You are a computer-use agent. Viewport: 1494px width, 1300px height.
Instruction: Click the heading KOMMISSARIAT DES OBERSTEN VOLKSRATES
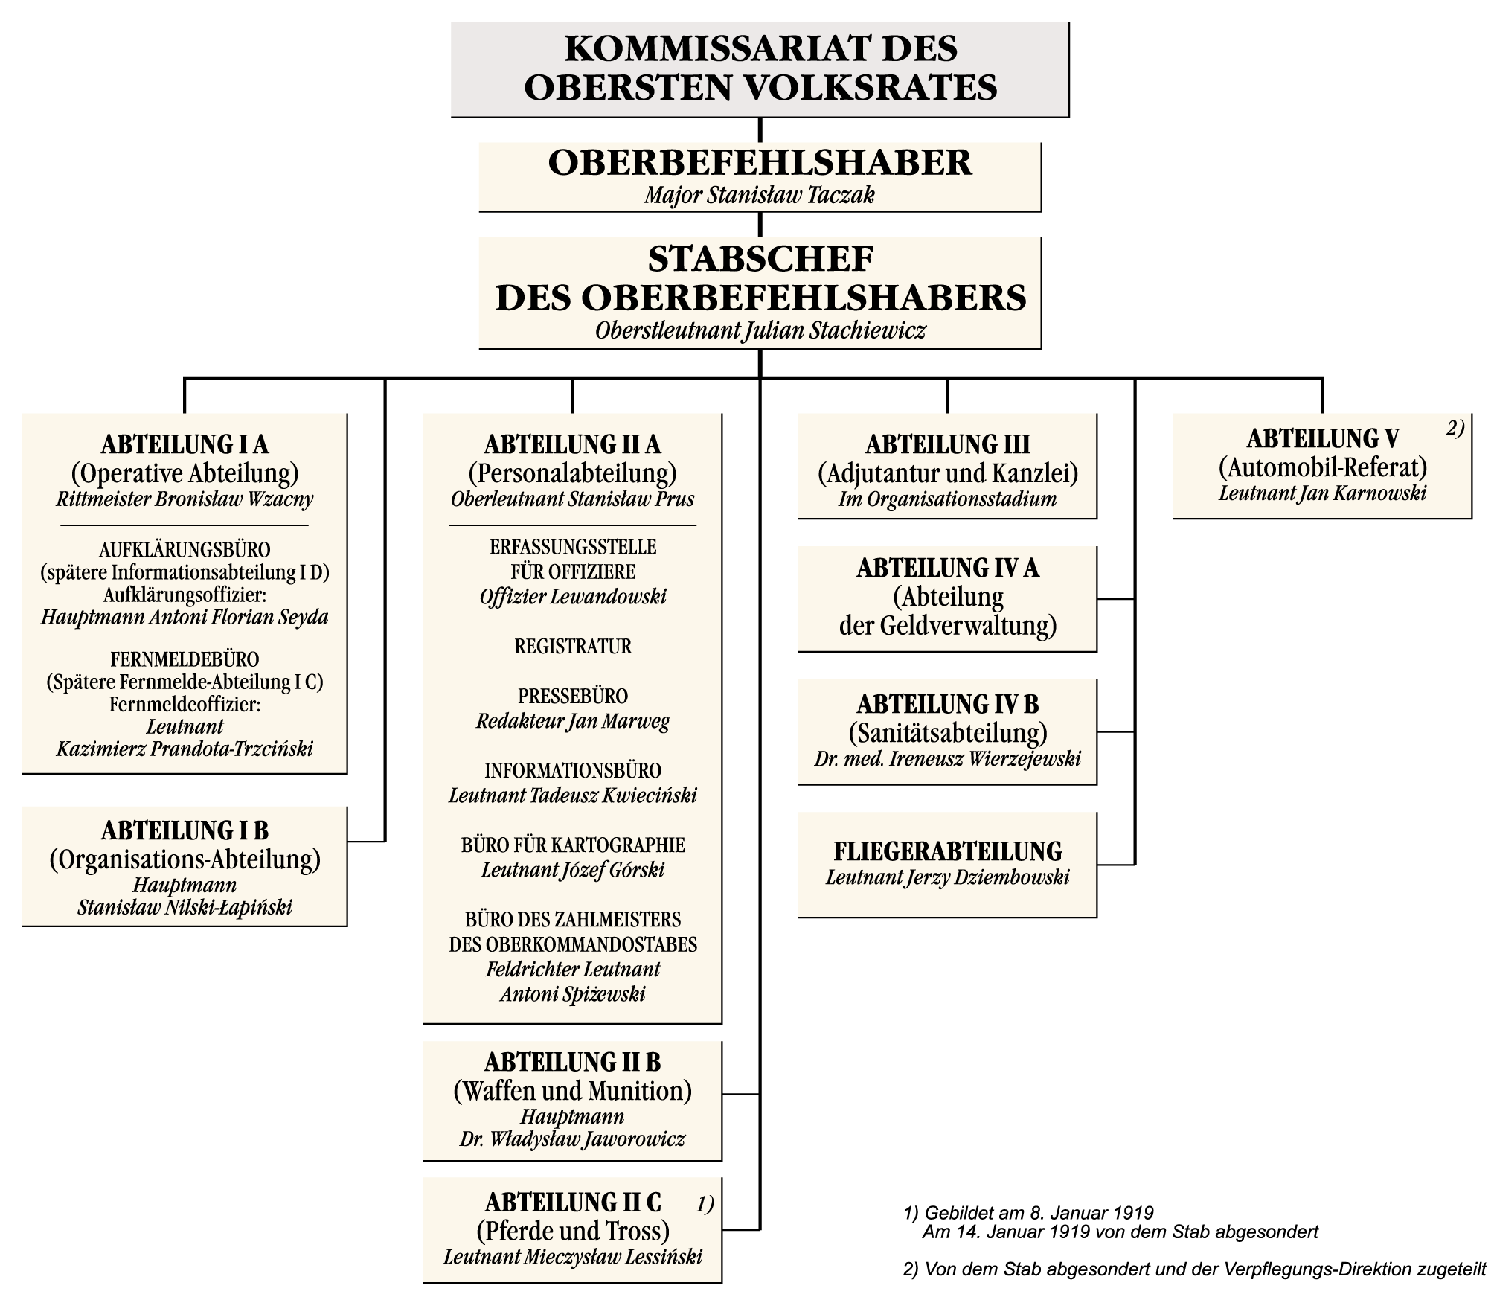(760, 68)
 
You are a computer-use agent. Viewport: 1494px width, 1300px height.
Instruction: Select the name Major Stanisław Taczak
(760, 196)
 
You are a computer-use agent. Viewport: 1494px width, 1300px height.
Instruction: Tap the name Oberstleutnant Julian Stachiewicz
(760, 330)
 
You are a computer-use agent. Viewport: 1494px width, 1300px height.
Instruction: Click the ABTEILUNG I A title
(185, 445)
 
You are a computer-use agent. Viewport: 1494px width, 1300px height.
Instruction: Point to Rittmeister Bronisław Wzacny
(185, 499)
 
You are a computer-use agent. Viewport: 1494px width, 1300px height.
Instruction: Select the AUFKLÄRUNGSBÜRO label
(185, 550)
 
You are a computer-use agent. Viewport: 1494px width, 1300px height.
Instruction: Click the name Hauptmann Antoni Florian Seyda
(185, 618)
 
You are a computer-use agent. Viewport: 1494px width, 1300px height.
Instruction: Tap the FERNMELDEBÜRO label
(185, 659)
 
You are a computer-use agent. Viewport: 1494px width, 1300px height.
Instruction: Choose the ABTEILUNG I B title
(185, 830)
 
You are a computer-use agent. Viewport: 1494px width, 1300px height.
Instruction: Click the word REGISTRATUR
(573, 646)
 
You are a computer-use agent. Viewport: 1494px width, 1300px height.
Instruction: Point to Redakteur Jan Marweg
(573, 722)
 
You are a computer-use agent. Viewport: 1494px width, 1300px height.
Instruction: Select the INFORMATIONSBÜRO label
(573, 770)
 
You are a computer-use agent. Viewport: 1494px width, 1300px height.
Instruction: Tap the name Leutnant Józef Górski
(573, 870)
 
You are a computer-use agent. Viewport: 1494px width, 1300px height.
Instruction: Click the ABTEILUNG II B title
(573, 1062)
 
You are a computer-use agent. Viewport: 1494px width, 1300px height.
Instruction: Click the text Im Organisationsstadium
(947, 499)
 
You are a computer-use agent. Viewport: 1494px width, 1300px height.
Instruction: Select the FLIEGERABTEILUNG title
(947, 851)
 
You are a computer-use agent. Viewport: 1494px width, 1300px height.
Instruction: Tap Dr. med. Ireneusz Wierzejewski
(947, 760)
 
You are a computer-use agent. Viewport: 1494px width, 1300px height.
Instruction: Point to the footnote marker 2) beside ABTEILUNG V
(1455, 428)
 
